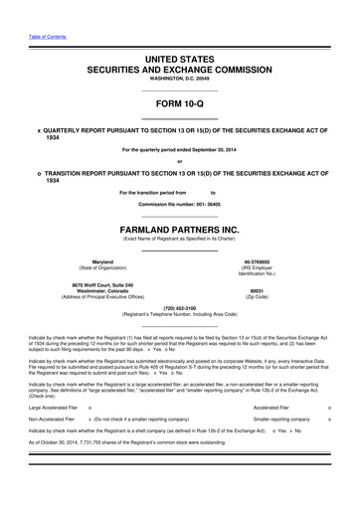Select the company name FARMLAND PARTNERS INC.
(x=179, y=227)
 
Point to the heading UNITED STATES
(x=179, y=61)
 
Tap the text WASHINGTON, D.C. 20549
(x=179, y=82)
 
